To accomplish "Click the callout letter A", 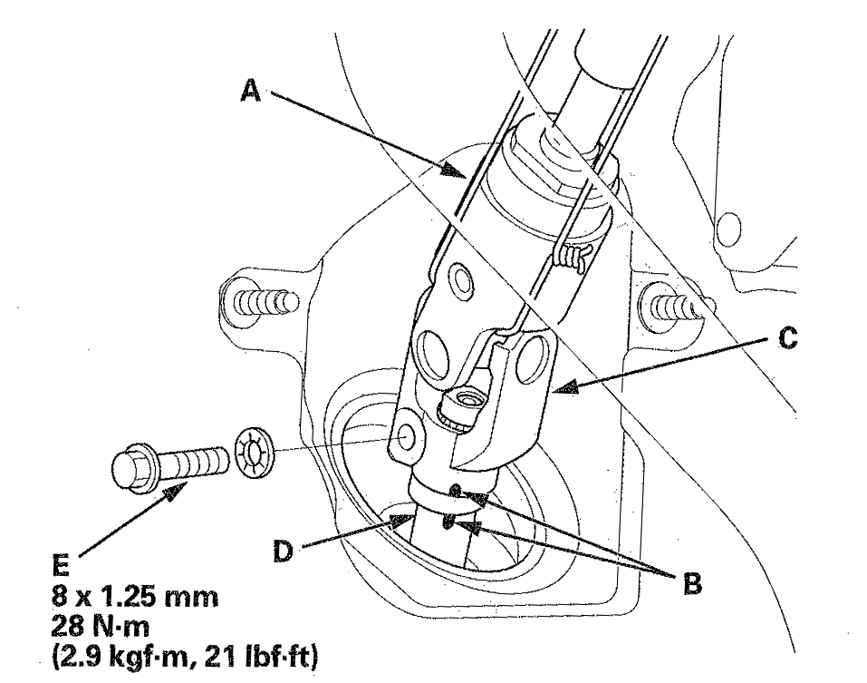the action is [250, 91].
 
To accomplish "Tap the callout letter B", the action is [693, 583].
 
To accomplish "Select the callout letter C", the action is [787, 338].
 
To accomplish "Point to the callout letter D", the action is [283, 551].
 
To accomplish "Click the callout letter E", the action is [61, 566].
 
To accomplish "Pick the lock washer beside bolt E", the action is [254, 453].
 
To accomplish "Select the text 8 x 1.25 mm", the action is [135, 597].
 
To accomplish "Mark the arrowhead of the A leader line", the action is [453, 170].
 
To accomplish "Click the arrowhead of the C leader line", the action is [564, 387].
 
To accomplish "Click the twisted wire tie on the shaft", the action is [573, 257].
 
